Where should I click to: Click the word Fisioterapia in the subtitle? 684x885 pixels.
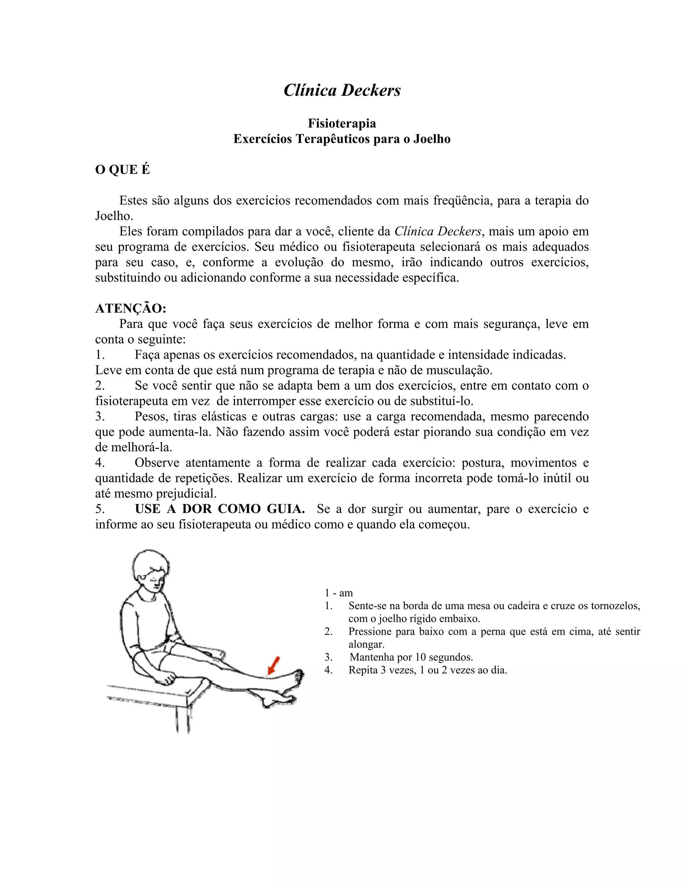point(342,123)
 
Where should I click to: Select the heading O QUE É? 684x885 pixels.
point(122,170)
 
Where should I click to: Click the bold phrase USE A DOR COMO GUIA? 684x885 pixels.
point(220,509)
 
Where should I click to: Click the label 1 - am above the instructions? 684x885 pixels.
point(338,593)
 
